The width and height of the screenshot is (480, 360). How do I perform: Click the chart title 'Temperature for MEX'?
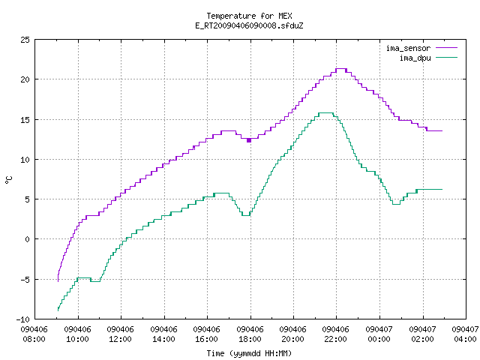[249, 16]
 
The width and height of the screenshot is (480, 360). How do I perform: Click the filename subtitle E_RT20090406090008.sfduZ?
[249, 25]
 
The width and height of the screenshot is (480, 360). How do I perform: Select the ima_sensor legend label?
[408, 48]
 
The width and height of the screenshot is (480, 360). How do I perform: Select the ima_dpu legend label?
[415, 58]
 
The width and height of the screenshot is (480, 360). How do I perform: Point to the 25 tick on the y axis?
[25, 40]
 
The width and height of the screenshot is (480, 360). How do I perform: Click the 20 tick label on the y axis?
[25, 79]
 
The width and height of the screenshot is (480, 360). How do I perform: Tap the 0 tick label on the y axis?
[28, 239]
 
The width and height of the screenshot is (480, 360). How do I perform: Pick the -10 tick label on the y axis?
[23, 319]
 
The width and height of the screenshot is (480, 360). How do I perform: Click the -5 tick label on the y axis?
[25, 280]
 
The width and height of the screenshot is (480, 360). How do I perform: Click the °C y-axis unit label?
[8, 180]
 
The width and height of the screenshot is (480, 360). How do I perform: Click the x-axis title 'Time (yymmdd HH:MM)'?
[249, 353]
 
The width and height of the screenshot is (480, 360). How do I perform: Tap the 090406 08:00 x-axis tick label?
[34, 334]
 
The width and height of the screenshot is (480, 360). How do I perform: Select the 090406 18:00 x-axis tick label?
[250, 334]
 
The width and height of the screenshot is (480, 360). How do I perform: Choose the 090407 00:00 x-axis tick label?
[379, 334]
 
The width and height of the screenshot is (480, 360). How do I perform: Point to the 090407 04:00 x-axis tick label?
[465, 334]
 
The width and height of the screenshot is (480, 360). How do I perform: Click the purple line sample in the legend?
[447, 48]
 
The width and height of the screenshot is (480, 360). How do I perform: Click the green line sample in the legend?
[447, 58]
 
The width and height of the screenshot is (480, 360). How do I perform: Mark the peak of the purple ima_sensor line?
[341, 69]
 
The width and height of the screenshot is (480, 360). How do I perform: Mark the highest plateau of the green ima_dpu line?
[325, 113]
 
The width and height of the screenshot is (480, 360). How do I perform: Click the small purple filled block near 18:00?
[249, 140]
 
